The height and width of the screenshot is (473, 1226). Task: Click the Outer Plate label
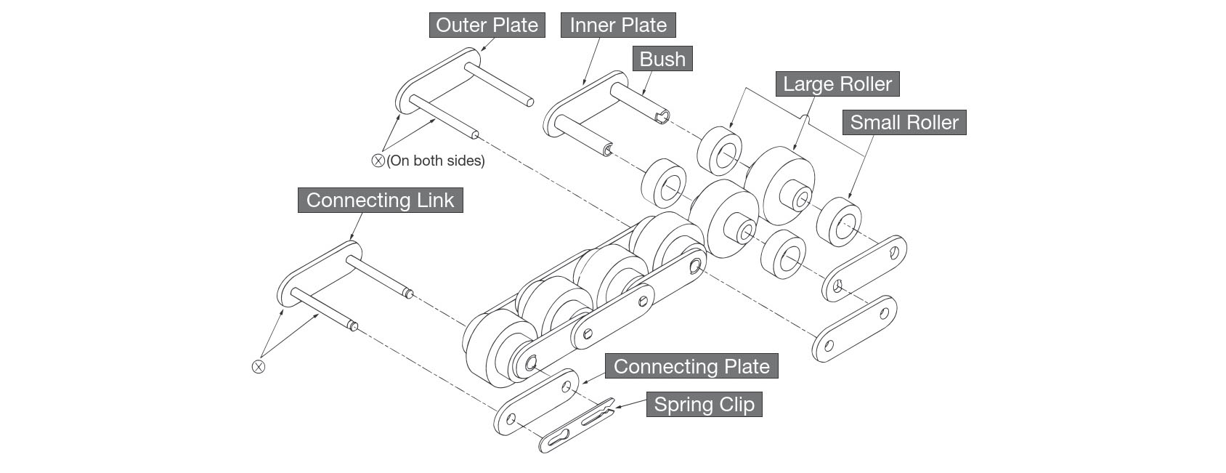[487, 25]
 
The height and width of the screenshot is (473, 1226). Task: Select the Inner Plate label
[618, 25]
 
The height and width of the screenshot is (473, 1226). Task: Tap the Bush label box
[662, 59]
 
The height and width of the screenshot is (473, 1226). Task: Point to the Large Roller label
[837, 84]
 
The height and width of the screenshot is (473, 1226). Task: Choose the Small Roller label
[904, 123]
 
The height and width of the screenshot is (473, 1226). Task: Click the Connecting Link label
[380, 201]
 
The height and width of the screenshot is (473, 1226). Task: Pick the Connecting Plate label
[691, 366]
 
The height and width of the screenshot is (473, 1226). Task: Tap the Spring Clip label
[704, 405]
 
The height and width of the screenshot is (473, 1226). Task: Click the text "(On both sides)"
[436, 161]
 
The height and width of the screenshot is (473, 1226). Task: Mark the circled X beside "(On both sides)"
[378, 161]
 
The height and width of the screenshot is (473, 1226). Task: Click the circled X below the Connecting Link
[258, 366]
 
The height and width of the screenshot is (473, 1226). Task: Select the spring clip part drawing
[577, 427]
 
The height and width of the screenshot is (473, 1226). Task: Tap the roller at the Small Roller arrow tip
[839, 222]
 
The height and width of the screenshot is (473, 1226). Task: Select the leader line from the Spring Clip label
[630, 404]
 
